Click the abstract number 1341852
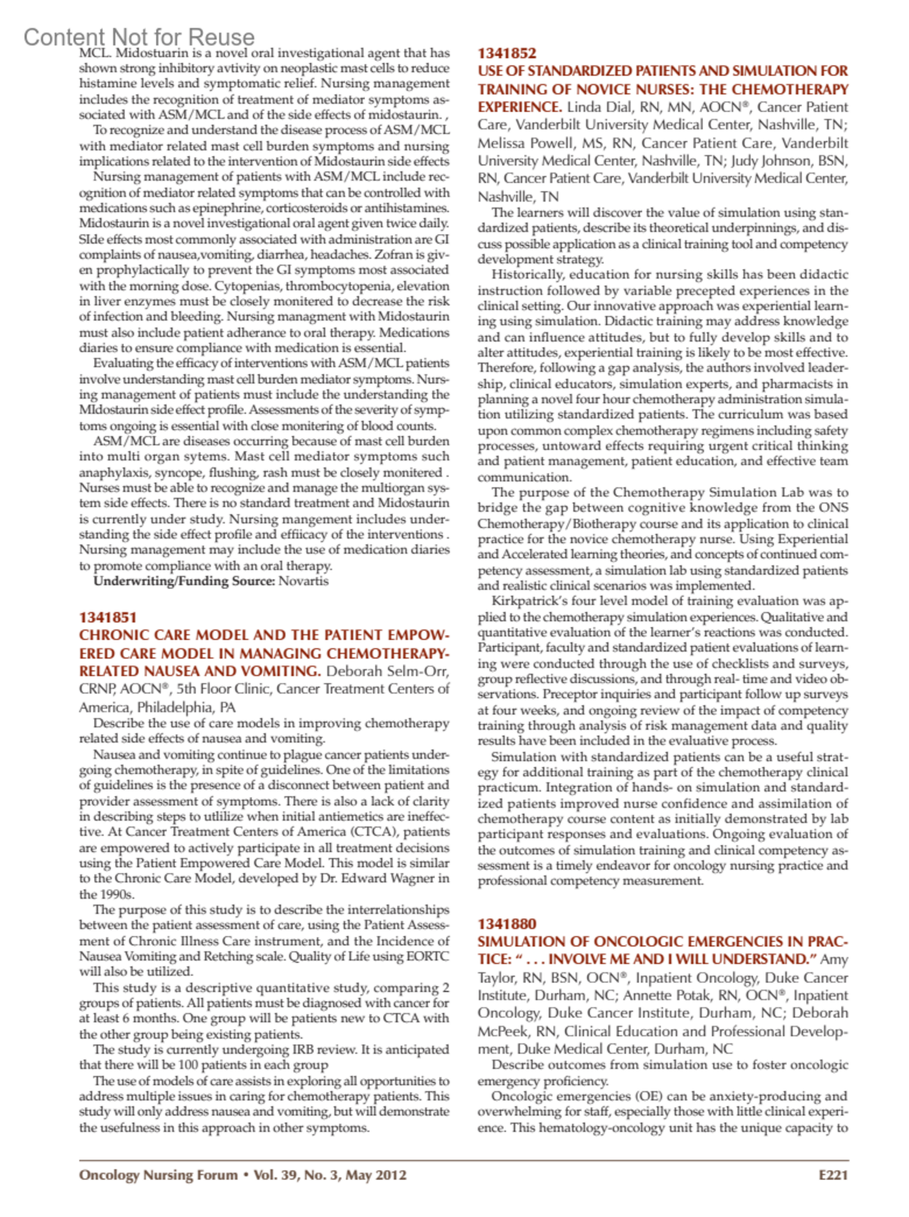(507, 53)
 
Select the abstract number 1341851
(108, 618)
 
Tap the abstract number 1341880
(507, 924)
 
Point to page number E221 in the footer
(833, 1175)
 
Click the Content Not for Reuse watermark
(139, 36)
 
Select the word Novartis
(304, 581)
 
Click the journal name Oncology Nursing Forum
(158, 1175)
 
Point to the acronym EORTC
(428, 956)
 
